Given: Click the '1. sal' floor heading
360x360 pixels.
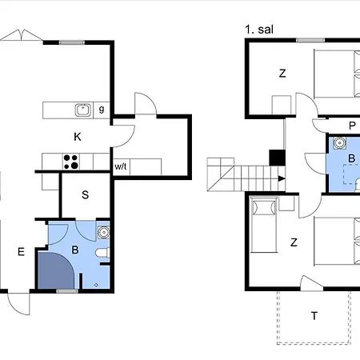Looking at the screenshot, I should pos(261,30).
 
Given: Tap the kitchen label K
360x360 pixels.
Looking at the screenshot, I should pos(78,137).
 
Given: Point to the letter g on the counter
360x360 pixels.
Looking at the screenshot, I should pos(102,108).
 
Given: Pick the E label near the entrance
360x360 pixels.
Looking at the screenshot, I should pos(21,252).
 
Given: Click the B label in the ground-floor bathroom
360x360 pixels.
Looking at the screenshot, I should pos(75,250).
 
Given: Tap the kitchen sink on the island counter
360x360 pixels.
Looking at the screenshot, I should pos(81,110).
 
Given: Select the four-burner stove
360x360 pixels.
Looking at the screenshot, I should pos(70,162).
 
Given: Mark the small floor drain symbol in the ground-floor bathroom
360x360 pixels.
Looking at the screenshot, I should pos(96,283).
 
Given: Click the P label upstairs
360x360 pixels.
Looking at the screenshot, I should pos(351,126).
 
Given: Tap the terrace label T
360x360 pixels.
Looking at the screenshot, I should pos(314,315).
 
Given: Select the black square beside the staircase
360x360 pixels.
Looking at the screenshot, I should pos(278,158).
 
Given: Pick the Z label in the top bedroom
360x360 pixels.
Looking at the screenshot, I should pos(282,74).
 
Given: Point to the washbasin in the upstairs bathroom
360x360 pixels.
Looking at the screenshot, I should pos(339,144).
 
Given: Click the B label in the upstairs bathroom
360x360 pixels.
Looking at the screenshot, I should pos(350,158).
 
